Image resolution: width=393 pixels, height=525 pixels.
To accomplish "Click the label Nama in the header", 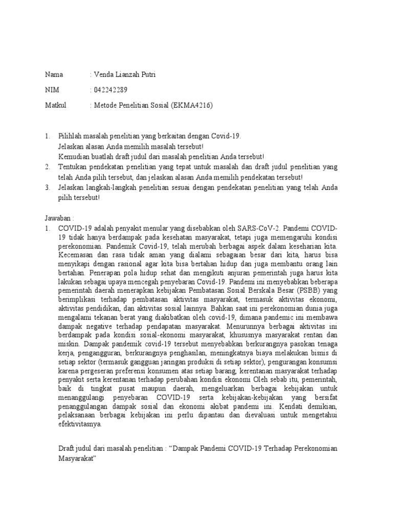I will tap(54, 75).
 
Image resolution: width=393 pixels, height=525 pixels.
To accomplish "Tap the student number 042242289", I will tap(110, 90).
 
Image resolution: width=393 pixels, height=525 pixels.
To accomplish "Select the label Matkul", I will tap(56, 106).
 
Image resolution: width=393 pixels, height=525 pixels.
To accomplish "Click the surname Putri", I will tap(145, 75).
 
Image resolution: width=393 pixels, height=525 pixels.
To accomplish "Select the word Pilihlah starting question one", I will tap(72, 136).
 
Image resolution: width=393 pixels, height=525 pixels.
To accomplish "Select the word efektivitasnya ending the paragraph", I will tap(80, 425).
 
